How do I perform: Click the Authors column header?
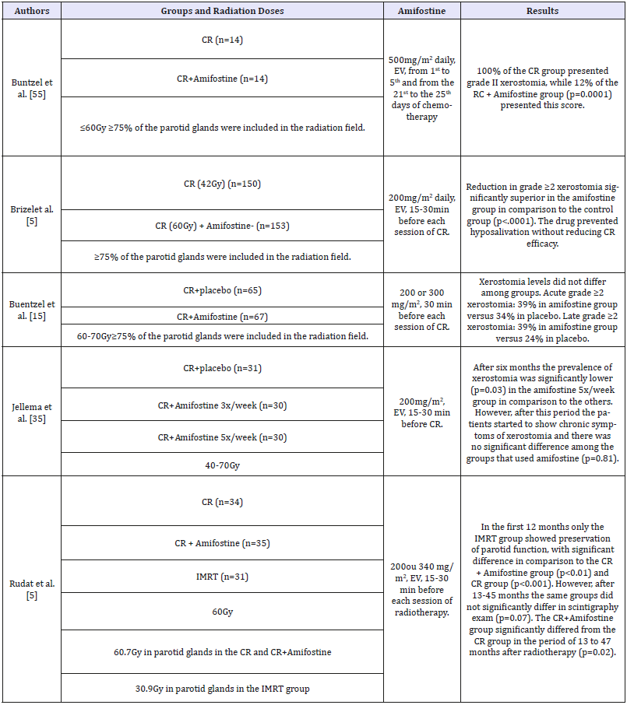30,12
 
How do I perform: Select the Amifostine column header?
421,12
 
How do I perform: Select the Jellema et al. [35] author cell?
30,410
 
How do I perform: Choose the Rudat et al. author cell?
30,590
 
